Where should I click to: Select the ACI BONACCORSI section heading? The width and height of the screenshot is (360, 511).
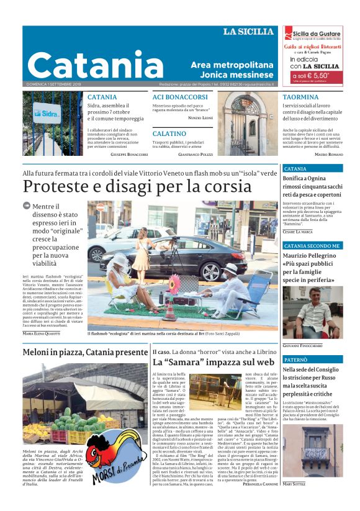tap(180, 97)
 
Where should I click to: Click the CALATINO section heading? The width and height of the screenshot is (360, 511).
tap(169, 133)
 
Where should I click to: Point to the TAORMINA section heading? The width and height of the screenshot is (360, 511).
tap(300, 97)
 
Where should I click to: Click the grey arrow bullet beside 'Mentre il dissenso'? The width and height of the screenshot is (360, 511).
tap(27, 206)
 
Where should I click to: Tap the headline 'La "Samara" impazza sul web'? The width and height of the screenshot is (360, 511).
tap(213, 362)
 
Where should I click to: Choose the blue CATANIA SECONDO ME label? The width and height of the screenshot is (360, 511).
tap(312, 246)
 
